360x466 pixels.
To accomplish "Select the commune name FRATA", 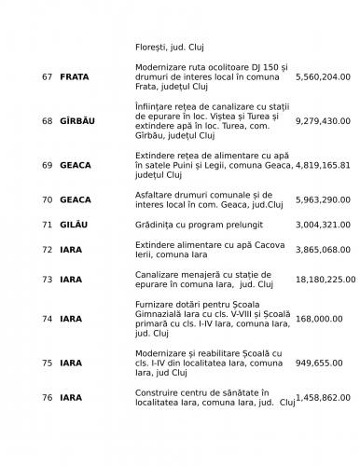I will [x=76, y=76].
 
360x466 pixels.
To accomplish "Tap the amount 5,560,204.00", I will [x=322, y=76].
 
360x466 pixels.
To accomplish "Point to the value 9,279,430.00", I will [x=322, y=121].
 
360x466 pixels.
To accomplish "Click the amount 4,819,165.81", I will [x=322, y=165].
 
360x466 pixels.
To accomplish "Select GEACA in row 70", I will [x=76, y=199].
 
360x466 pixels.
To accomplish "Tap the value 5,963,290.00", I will [x=322, y=199].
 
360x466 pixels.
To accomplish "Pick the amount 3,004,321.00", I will [x=322, y=225].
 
